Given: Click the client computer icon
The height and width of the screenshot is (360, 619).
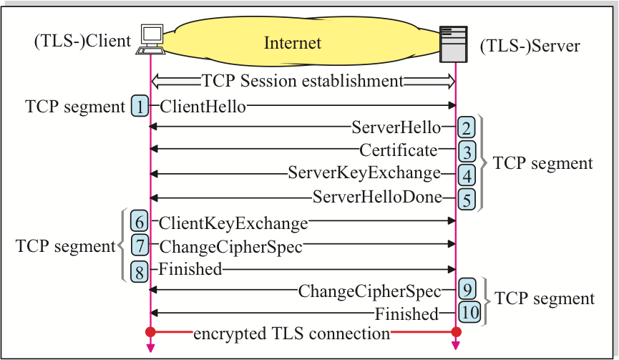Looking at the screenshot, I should pos(151,39).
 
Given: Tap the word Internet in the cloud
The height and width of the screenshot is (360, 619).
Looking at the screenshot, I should pos(293,43).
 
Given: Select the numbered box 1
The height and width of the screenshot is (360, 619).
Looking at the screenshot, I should pos(140,107).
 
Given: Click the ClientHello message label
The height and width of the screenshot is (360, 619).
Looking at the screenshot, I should pos(203,107).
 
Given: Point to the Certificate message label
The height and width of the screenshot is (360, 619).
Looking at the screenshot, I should pos(398,150).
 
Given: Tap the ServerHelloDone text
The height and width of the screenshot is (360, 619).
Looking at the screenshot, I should pos(377,197).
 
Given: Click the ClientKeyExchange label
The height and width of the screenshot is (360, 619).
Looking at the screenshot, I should pos(233,223).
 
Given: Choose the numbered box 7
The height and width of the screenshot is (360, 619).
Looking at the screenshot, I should pos(140,246).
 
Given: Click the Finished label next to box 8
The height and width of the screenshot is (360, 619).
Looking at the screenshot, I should pos(190,269).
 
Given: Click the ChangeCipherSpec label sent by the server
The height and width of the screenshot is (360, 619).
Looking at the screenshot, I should pos(369,291).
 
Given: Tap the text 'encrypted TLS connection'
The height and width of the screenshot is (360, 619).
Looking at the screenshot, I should pos(291,333).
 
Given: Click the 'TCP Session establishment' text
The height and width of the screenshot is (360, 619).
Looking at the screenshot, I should pos(303,80).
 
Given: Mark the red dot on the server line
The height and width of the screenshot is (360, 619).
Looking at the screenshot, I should pos(456,332).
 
